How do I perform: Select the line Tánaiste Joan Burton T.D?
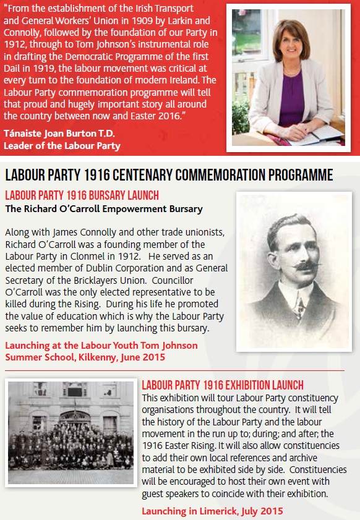pyautogui.click(x=55, y=134)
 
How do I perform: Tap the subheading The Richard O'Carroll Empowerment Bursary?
pyautogui.click(x=103, y=209)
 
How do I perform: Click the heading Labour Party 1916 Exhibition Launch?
pyautogui.click(x=223, y=385)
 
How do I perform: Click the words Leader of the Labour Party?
pyautogui.click(x=62, y=146)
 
